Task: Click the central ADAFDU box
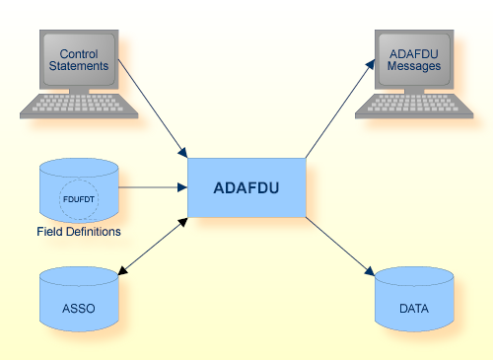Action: pos(246,186)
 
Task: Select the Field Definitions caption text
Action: pos(79,233)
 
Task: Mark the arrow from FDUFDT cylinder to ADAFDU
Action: pos(153,186)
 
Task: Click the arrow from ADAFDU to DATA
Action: pos(340,247)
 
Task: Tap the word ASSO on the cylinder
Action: pos(79,309)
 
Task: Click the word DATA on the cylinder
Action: pos(414,309)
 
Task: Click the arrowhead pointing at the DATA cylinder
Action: pos(372,273)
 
